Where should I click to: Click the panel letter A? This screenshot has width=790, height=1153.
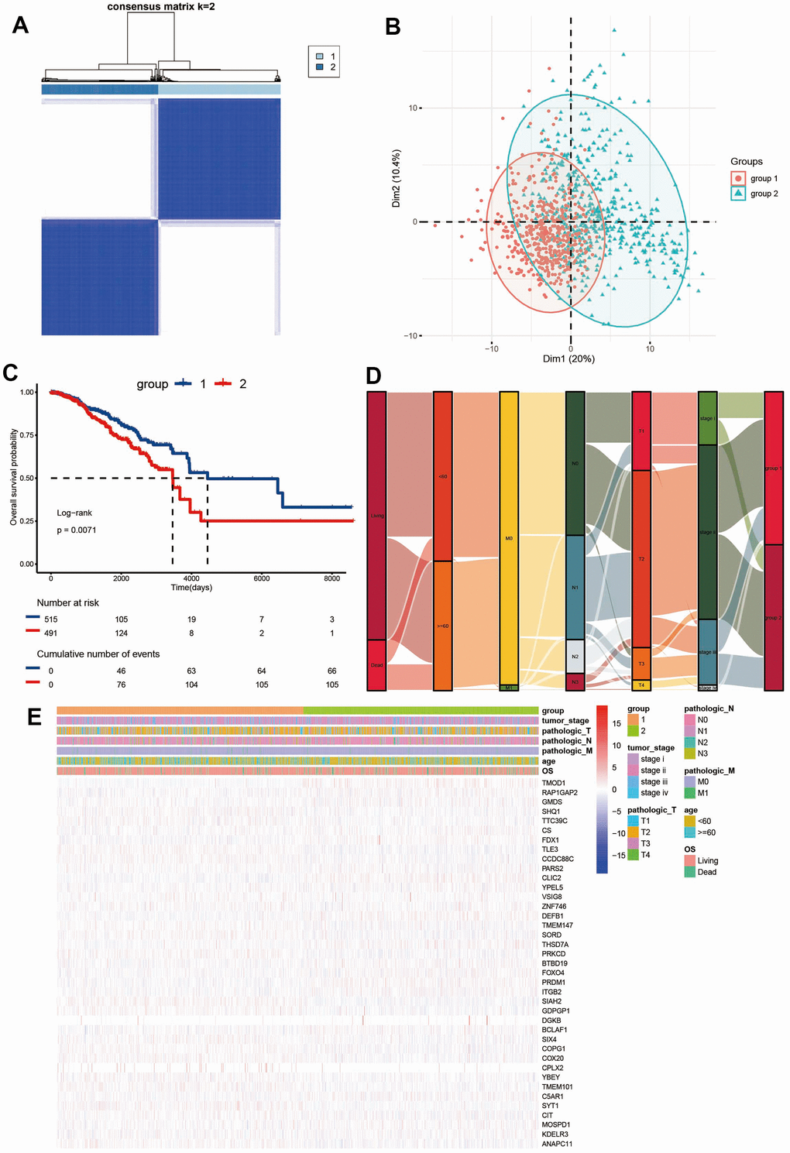[x=20, y=26]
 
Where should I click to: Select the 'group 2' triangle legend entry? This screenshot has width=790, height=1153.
[x=764, y=194]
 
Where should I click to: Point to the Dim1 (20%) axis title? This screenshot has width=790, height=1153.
[x=568, y=359]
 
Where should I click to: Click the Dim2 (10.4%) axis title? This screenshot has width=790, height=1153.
[x=397, y=178]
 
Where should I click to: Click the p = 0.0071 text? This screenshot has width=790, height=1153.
[x=77, y=530]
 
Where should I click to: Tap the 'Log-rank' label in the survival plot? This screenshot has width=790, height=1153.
[x=74, y=513]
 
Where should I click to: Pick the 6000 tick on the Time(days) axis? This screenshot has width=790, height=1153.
[x=262, y=578]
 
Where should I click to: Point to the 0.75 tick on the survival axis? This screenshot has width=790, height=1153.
[x=27, y=435]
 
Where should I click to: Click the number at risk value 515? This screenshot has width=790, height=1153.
[x=51, y=619]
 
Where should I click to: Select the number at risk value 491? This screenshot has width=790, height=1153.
[x=51, y=633]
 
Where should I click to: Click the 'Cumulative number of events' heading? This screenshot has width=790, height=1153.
[x=98, y=654]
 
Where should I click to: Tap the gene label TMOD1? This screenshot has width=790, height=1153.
[x=554, y=783]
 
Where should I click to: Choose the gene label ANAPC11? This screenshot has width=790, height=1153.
[x=557, y=1144]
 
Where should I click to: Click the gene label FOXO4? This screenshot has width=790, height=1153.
[x=553, y=973]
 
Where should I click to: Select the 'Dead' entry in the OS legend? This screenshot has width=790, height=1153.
[x=706, y=872]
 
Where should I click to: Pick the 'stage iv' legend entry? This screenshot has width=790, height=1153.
[x=654, y=793]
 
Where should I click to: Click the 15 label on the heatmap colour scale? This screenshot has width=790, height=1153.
[x=617, y=723]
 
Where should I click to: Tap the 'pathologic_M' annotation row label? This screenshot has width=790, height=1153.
[x=567, y=751]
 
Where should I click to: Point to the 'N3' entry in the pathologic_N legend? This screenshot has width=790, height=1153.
[x=702, y=753]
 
